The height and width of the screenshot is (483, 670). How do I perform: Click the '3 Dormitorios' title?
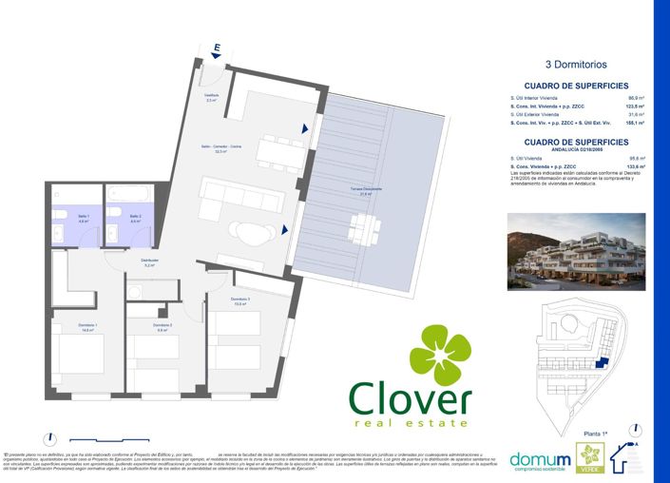576,66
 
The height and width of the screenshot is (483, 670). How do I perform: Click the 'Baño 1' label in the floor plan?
84,219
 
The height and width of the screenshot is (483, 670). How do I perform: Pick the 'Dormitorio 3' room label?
240,302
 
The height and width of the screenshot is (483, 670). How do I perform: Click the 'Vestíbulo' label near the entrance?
213,97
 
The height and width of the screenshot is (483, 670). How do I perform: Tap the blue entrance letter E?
217,47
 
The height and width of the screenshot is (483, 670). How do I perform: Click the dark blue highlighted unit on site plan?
598,362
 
